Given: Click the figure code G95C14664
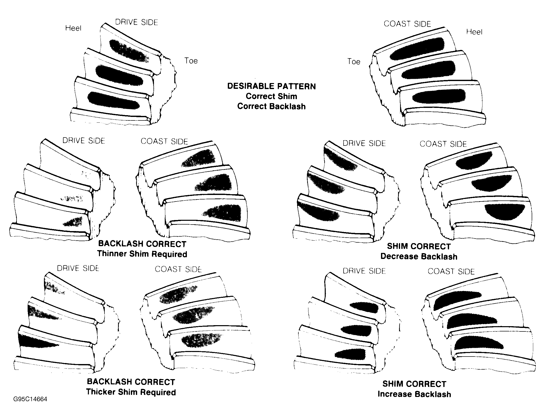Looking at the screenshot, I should [x=30, y=399].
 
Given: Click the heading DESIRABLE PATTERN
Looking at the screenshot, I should [x=271, y=86].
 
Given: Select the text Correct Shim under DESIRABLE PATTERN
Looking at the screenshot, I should [x=271, y=96].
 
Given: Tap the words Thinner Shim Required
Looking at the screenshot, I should [x=142, y=254].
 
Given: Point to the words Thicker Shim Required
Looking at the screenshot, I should [x=131, y=392].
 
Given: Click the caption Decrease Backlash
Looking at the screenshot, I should [x=419, y=256].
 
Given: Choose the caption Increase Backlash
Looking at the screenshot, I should [x=414, y=394].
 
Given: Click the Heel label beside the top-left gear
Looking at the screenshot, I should [x=73, y=28].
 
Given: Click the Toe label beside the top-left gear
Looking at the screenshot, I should [x=191, y=61].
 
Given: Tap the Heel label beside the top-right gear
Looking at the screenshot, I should [x=474, y=32].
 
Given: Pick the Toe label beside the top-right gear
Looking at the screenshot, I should [x=354, y=62].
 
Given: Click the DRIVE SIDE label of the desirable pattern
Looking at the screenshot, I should [x=137, y=22].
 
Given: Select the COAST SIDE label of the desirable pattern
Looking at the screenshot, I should [x=407, y=24].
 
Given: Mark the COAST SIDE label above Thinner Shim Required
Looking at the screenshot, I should [x=164, y=142].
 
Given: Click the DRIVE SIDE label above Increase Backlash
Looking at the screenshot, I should [x=364, y=271].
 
